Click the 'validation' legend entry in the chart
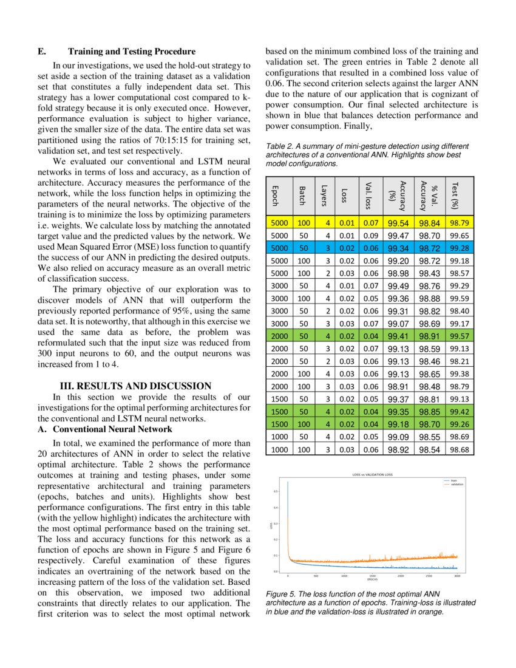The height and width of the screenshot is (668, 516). click(455, 483)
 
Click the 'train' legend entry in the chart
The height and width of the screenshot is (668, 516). click(452, 480)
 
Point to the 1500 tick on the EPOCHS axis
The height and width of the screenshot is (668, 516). click(372, 576)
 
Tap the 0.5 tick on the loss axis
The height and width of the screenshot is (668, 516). click(276, 491)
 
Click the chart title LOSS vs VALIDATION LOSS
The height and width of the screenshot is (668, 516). click(373, 474)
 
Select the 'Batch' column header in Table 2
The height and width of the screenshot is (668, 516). click(302, 195)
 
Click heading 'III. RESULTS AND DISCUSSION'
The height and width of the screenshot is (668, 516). click(135, 386)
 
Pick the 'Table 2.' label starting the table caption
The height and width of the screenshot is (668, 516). click(280, 146)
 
